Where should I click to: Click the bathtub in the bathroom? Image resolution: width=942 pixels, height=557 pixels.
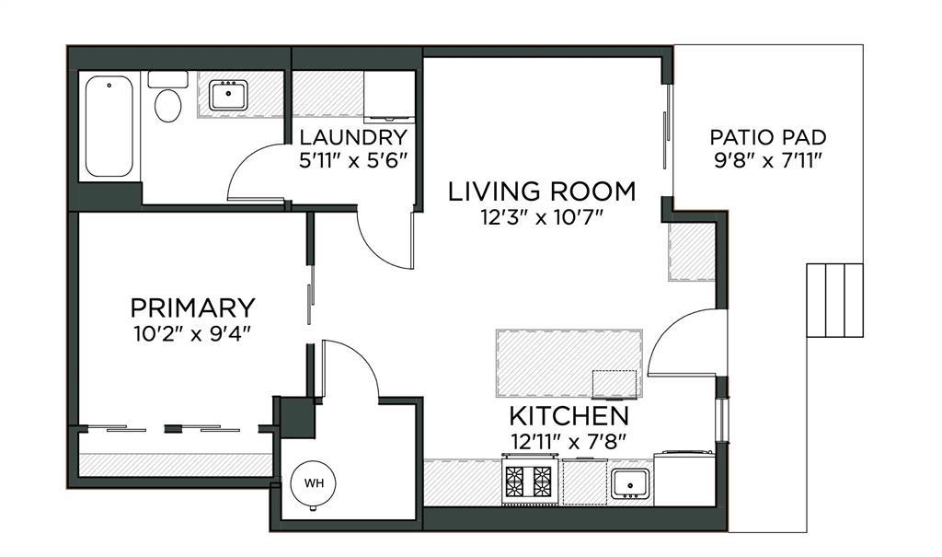109,126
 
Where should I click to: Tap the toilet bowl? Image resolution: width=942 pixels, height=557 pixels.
167,105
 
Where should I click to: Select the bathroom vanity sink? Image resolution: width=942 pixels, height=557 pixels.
228,95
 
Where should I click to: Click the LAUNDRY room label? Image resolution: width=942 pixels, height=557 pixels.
353,138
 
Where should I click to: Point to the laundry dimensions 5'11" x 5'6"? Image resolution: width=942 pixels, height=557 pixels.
353,160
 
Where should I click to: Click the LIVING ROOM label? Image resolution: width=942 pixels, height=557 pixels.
542,191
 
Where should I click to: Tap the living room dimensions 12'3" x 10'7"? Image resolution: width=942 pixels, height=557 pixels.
542,216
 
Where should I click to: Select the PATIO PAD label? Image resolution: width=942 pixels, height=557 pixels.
768,137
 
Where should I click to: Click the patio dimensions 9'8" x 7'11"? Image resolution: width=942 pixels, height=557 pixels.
768,160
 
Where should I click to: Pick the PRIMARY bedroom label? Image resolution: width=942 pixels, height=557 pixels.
193,308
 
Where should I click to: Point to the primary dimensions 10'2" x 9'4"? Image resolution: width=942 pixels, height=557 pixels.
193,332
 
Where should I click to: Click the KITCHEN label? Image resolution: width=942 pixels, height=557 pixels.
569,416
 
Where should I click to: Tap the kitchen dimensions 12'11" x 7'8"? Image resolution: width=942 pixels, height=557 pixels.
569,442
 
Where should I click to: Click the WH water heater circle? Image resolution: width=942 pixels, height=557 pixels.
313,483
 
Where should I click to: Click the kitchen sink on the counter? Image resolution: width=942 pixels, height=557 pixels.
629,484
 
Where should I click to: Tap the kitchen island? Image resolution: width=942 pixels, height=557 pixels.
569,364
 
